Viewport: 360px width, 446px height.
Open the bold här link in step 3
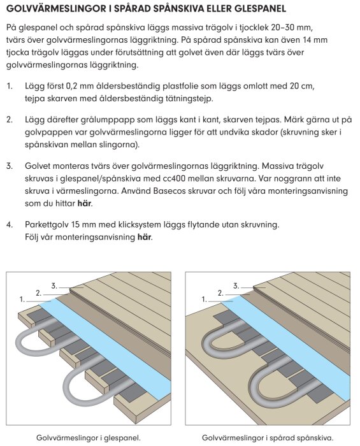click(x=84, y=205)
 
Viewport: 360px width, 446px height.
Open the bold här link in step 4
click(x=143, y=238)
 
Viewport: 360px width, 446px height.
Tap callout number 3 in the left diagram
click(x=54, y=285)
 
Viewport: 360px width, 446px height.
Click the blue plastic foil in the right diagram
click(x=306, y=344)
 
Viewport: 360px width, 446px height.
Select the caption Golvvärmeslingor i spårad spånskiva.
click(x=268, y=437)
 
